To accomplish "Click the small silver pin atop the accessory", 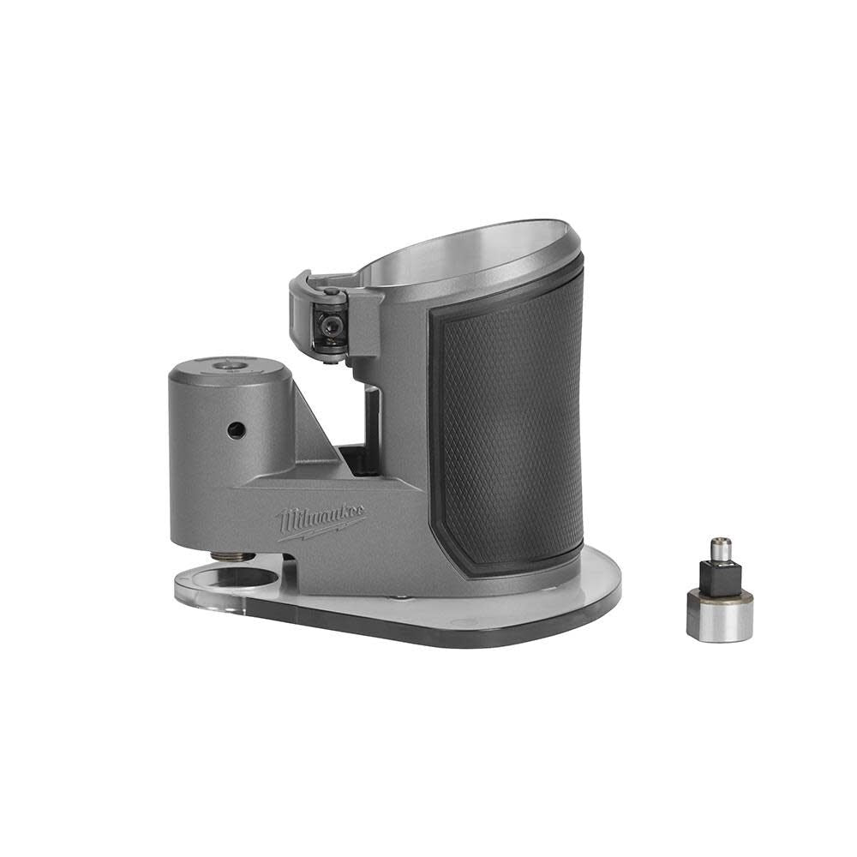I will pyautogui.click(x=720, y=548).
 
